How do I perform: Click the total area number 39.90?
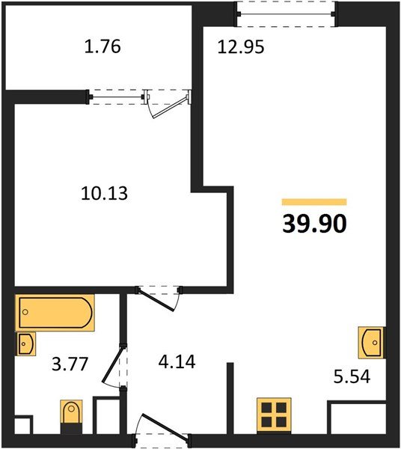tap(314, 224)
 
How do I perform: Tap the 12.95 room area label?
tap(241, 47)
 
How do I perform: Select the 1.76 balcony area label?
tap(102, 46)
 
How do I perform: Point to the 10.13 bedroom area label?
tap(104, 193)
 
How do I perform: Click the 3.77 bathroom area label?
tap(70, 364)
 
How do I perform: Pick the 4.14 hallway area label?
tap(177, 361)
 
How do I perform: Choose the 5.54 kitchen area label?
tap(352, 376)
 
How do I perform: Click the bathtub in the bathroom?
tap(55, 313)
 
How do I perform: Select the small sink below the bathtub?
tap(25, 343)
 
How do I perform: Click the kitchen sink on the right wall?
tap(371, 343)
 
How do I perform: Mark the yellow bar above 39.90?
tap(314, 202)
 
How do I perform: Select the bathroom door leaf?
tap(113, 365)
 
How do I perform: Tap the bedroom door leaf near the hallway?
tap(156, 300)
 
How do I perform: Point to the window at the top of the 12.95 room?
tap(285, 13)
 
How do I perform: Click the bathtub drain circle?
tap(25, 312)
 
